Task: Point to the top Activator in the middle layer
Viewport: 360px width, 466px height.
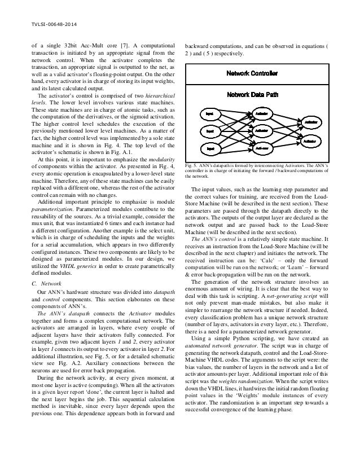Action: (x=261, y=113)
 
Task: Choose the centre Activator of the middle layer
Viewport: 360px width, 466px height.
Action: (x=261, y=131)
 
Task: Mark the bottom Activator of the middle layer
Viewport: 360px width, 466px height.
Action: (x=261, y=148)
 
